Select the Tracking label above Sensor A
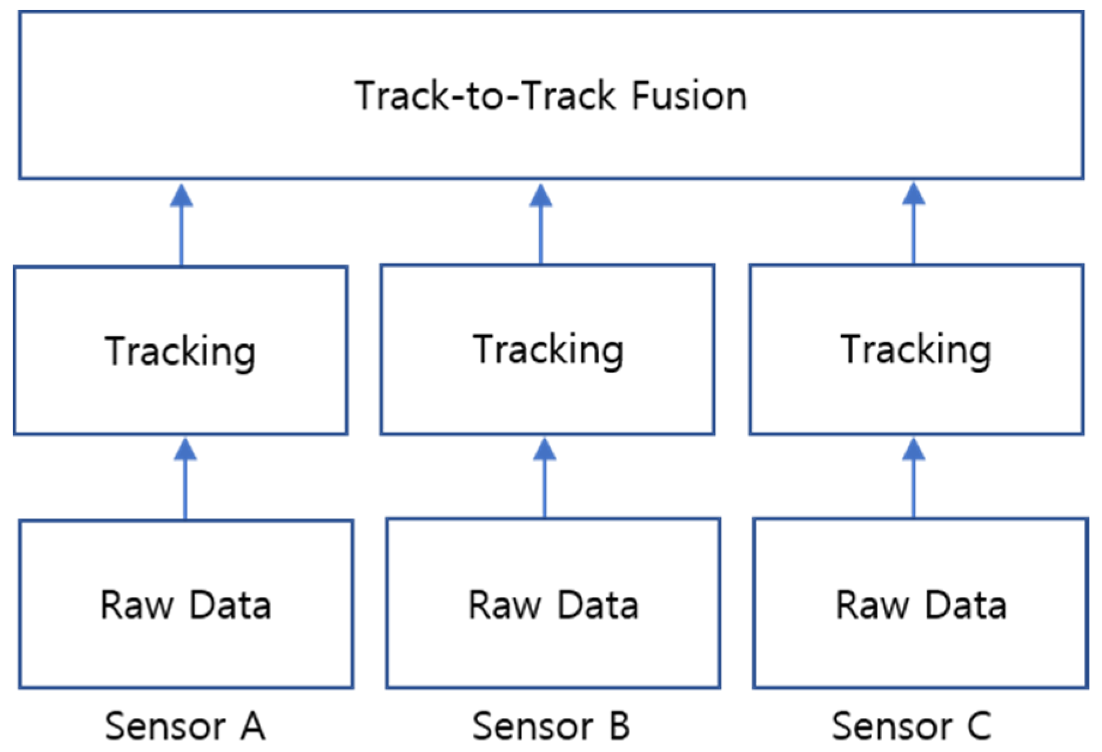coord(180,351)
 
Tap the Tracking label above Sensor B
coord(548,350)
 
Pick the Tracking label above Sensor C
coord(916,350)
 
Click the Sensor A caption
coord(185,726)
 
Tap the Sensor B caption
coord(551,726)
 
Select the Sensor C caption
coord(912,726)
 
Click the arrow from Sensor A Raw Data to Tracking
coord(185,479)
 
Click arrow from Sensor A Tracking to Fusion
coord(181,225)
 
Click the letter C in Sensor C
coord(979,726)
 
